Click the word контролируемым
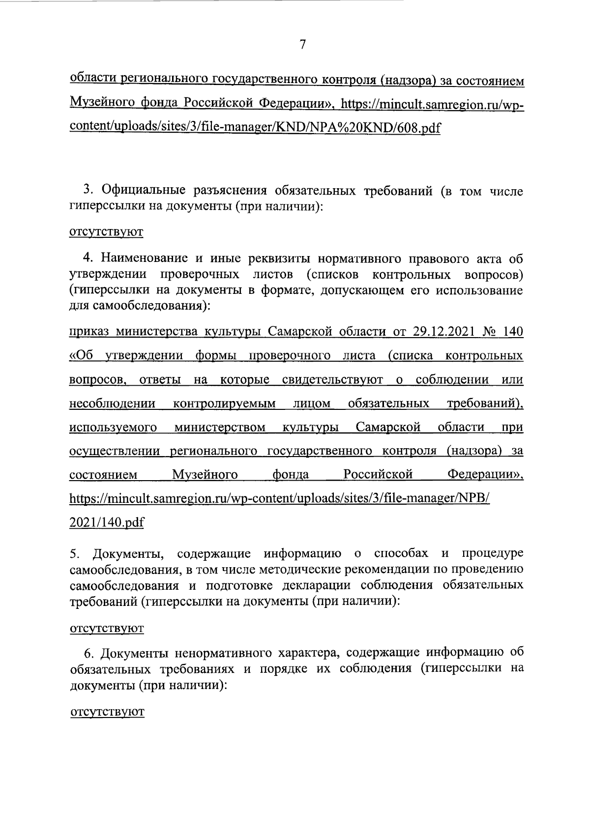pos(225,403)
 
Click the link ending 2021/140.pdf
pos(107,522)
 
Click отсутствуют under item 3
pos(106,232)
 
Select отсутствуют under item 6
pos(107,712)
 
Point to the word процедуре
pos(492,554)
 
